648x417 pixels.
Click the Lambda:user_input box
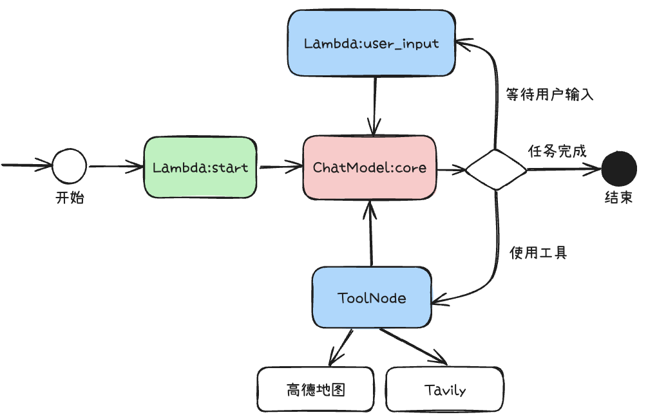[371, 43]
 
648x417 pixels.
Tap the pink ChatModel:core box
[369, 167]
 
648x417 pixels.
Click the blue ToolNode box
[372, 298]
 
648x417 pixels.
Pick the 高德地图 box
[315, 389]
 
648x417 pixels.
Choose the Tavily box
[444, 389]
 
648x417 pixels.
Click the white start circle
[69, 166]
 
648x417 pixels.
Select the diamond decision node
[496, 170]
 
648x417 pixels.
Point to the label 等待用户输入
[549, 95]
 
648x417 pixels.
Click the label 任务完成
[557, 152]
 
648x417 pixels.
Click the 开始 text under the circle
[70, 198]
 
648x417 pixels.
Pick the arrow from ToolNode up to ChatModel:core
[370, 235]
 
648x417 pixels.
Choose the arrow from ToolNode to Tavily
[412, 346]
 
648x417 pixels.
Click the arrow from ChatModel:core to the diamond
[451, 169]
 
